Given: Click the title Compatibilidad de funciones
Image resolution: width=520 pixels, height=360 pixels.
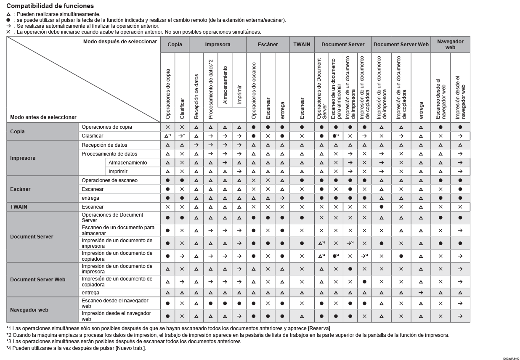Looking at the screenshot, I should (x=50, y=6).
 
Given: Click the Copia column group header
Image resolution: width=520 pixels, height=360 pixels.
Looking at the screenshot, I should (x=175, y=44).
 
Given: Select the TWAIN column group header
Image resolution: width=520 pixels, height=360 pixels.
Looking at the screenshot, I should (x=302, y=44).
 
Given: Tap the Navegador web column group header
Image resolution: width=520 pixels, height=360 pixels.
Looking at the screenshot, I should (x=450, y=44).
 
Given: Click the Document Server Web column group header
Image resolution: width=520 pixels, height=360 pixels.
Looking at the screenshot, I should (x=401, y=44).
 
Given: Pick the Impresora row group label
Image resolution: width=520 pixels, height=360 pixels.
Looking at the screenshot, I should (x=23, y=158).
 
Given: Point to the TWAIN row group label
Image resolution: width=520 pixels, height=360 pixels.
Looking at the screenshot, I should (x=19, y=207).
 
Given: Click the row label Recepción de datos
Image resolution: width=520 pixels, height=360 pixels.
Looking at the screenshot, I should (x=104, y=145).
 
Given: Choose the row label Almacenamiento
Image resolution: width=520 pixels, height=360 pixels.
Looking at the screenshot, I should (x=128, y=163).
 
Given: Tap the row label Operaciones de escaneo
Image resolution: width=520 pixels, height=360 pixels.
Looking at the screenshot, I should (x=109, y=180).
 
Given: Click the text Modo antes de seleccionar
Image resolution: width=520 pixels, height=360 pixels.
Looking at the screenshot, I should (x=43, y=117).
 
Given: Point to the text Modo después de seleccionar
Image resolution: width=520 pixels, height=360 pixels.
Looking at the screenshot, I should (x=120, y=42).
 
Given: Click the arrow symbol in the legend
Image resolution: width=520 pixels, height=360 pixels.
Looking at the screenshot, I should (x=8, y=26).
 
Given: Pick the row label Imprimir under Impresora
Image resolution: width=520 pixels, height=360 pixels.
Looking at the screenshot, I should (x=118, y=172).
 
